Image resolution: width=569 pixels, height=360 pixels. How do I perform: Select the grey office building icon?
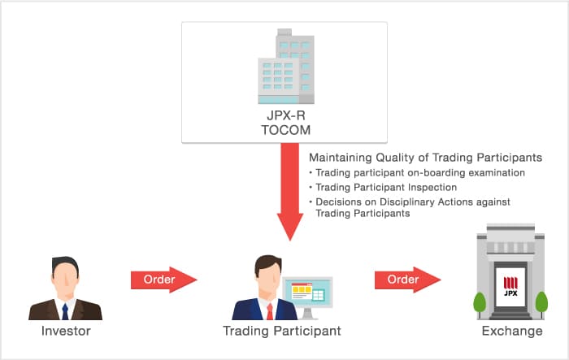(284, 68)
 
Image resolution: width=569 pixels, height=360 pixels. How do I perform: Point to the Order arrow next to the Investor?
(164, 280)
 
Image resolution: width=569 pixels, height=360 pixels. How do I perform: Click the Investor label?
(65, 332)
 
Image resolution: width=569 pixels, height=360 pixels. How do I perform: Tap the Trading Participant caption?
(282, 332)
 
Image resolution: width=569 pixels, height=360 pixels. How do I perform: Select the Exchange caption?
(510, 332)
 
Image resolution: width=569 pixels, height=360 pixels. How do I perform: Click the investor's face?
(65, 276)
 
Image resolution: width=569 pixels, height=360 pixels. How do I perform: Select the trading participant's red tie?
(268, 310)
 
